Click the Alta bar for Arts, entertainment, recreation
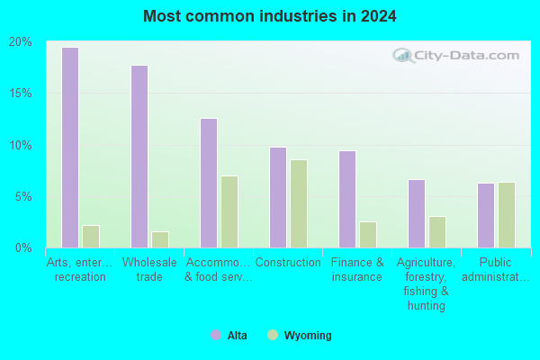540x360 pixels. [x=70, y=148]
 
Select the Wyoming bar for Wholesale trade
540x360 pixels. [x=160, y=239]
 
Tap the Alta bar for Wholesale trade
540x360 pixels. [x=139, y=157]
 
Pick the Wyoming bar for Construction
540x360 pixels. [x=299, y=203]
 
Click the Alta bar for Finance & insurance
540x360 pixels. [x=347, y=199]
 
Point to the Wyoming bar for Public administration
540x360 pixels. [x=507, y=215]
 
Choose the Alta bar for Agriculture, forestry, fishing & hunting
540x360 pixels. [x=417, y=213]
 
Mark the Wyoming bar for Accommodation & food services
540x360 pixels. [x=229, y=211]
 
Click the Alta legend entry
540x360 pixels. [x=229, y=335]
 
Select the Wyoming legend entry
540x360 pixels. [x=300, y=335]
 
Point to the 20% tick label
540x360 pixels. [x=21, y=42]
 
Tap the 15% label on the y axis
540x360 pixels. [x=21, y=93]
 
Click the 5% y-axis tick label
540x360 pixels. [x=23, y=197]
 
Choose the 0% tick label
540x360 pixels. [x=23, y=247]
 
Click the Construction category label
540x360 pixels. [x=288, y=263]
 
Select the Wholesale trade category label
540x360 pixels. [x=149, y=269]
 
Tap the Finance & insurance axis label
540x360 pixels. [x=357, y=269]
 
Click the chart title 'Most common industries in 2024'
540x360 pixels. [x=270, y=16]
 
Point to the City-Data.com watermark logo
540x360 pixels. [x=456, y=56]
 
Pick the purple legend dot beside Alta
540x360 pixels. [x=216, y=335]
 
